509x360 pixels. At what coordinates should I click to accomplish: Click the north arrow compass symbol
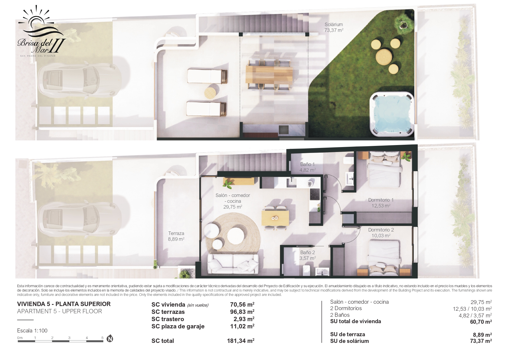[x=110, y=339]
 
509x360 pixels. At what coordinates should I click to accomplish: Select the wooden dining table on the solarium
[x=269, y=74]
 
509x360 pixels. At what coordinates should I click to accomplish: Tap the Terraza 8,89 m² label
[x=176, y=236]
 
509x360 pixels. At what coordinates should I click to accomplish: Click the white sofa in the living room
[x=233, y=264]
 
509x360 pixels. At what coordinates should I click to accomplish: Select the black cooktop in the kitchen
[x=315, y=194]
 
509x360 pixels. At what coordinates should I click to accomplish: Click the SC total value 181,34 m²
[x=241, y=341]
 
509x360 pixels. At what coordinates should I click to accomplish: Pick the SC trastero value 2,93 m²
[x=244, y=319]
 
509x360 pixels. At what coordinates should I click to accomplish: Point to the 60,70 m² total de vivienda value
[x=481, y=322]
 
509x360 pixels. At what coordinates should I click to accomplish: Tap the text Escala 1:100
[x=32, y=330]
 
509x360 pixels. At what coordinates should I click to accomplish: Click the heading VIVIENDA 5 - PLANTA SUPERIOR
[x=64, y=304]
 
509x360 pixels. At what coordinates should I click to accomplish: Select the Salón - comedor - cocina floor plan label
[x=233, y=201]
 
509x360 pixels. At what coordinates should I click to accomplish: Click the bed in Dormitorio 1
[x=384, y=171]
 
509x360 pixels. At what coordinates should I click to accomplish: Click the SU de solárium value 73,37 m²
[x=481, y=341]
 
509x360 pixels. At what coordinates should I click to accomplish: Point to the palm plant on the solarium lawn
[x=404, y=22]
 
